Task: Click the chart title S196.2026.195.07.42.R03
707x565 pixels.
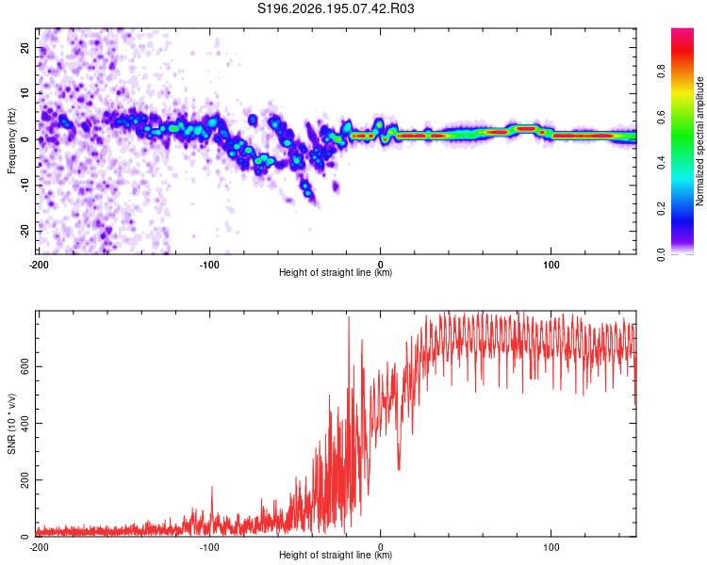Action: tap(336, 8)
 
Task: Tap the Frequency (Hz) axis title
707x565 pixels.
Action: tap(11, 141)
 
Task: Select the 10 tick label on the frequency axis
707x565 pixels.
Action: tap(25, 93)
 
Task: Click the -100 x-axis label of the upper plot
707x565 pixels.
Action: tap(209, 265)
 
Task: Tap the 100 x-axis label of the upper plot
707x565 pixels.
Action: tap(551, 265)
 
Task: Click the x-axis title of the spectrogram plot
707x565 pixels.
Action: tap(336, 272)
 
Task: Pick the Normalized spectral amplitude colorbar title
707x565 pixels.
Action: tap(699, 141)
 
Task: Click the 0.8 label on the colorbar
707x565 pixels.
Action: tap(661, 72)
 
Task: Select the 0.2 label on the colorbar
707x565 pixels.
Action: tap(661, 209)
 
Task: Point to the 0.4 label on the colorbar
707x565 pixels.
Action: tap(661, 163)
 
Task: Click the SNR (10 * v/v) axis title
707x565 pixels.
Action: tap(11, 424)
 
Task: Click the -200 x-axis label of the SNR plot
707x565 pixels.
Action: tap(39, 547)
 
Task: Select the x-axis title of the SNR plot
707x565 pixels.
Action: tap(336, 555)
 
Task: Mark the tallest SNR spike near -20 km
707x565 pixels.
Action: tap(349, 317)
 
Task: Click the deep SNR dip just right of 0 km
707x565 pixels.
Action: tap(399, 469)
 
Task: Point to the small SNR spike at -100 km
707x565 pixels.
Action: tap(212, 488)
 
